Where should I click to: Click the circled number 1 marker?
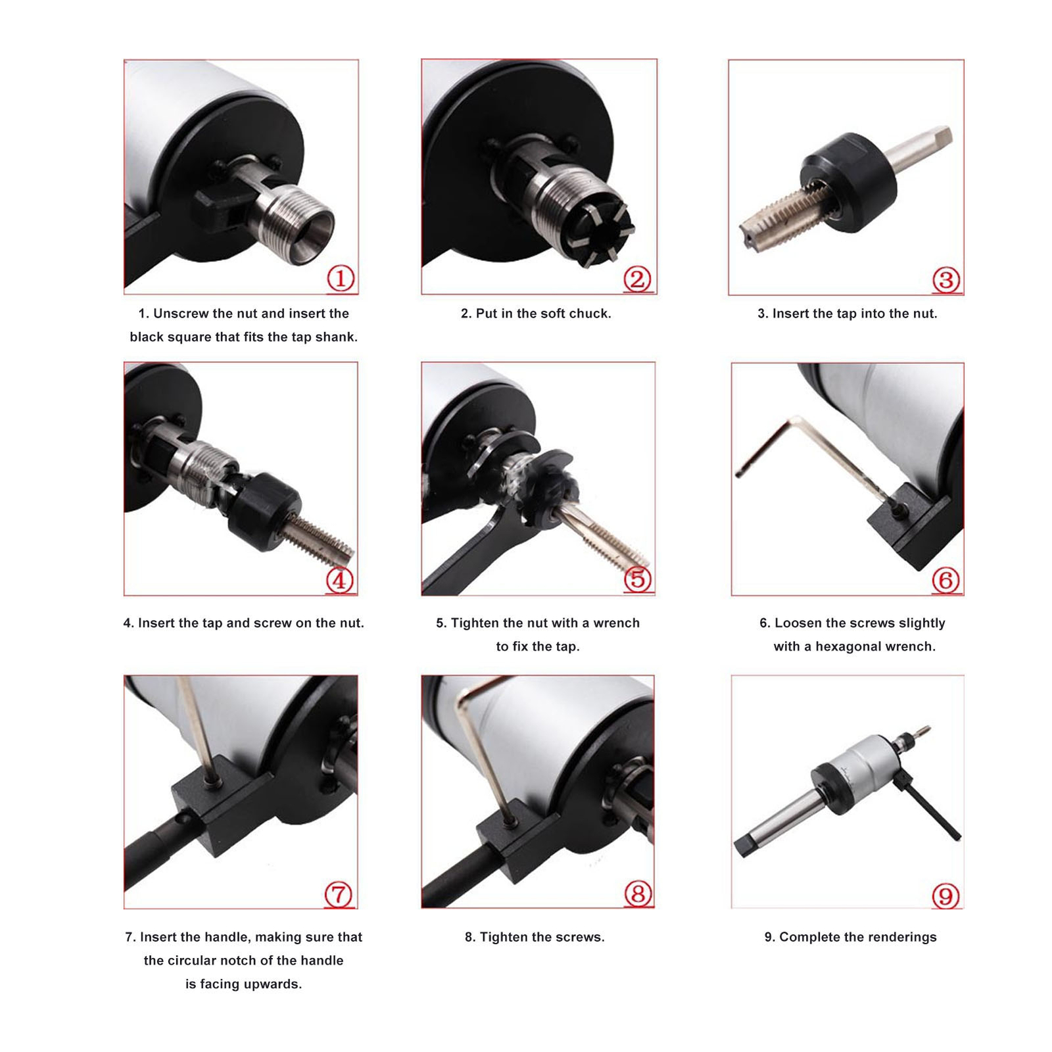(341, 279)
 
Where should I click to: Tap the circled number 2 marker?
(637, 279)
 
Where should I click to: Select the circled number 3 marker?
(946, 280)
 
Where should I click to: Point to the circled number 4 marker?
(339, 580)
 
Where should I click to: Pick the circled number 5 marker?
(638, 579)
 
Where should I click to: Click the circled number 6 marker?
(946, 580)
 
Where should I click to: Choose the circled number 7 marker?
(339, 894)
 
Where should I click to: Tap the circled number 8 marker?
(638, 894)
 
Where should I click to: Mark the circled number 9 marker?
(945, 896)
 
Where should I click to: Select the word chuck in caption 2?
(590, 314)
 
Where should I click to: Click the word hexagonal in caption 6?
(846, 647)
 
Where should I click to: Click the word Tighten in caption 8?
(503, 938)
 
